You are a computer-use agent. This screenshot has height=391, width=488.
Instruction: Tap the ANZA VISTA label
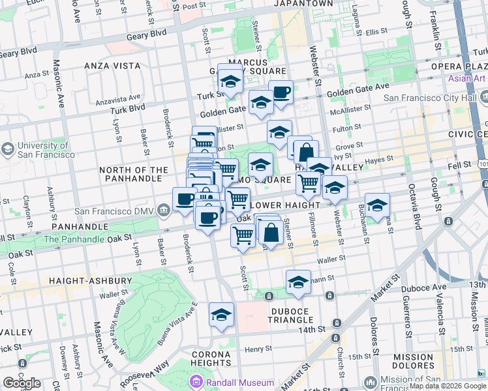click(111, 66)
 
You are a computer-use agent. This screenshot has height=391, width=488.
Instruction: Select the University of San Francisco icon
click(7, 149)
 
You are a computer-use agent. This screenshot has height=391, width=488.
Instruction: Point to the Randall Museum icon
click(194, 382)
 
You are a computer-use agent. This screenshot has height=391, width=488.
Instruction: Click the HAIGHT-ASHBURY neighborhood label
click(90, 281)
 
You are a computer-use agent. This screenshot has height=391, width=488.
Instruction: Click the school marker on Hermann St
click(298, 282)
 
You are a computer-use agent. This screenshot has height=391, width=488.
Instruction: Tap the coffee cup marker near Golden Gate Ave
click(281, 92)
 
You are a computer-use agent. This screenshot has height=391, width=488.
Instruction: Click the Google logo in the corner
click(22, 383)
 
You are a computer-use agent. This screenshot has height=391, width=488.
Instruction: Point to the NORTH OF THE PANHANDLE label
click(134, 175)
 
